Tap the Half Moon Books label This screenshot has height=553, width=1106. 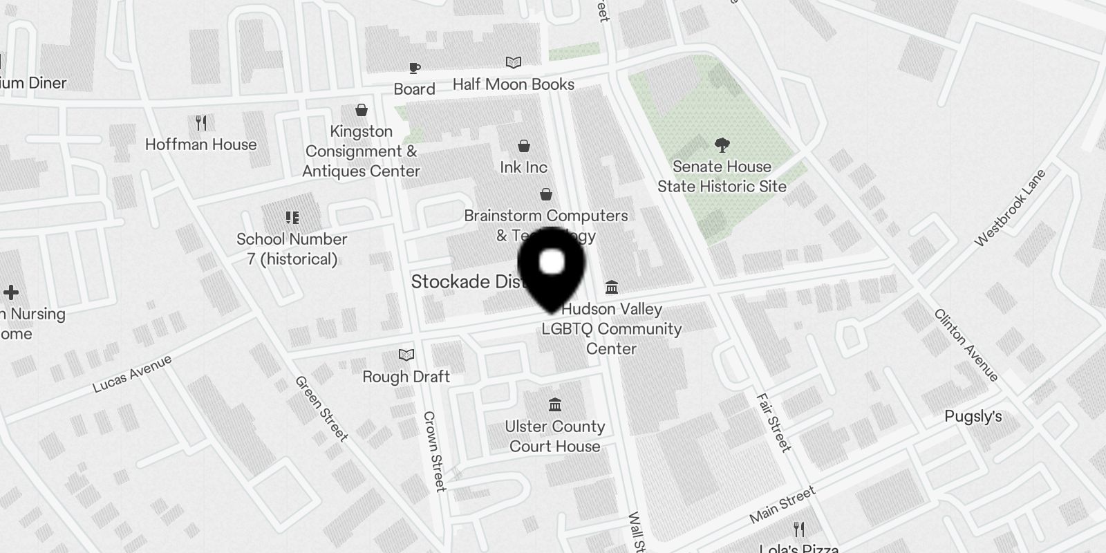pos(513,84)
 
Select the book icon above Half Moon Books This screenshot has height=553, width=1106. pos(513,63)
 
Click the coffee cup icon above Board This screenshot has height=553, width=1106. pos(414,68)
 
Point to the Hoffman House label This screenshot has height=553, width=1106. pos(200,144)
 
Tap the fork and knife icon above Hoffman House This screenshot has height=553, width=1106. pos(201,123)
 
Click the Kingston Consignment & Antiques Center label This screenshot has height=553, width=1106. pos(361,151)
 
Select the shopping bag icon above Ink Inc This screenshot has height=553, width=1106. pos(524,146)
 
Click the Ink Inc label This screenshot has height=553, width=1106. pos(523,167)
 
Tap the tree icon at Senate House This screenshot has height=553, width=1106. pos(722,145)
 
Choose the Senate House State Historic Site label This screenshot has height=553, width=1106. pos(722,176)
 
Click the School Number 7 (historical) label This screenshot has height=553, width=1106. pos(292,249)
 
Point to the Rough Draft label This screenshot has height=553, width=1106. pos(406,377)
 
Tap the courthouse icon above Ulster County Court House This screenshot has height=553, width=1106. pos(554,404)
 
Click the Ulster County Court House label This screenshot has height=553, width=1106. pos(554,436)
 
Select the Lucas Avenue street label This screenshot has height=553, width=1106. pos(132,374)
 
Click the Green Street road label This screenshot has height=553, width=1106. pos(321,409)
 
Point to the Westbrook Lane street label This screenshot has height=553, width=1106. pos(1010,207)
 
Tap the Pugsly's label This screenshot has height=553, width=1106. pos(973,417)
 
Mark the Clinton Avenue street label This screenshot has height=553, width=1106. pos(966,345)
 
